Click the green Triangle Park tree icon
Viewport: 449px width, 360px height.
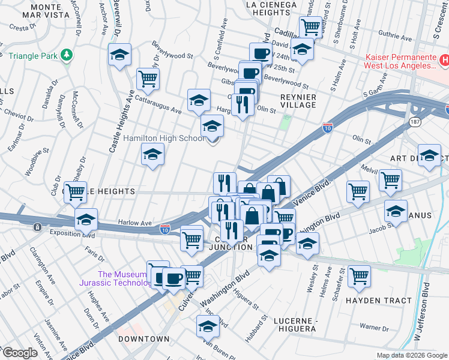67,56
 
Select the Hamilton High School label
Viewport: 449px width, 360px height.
164,138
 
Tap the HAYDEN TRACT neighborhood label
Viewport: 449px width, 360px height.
378,300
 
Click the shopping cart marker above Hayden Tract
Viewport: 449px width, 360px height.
359,275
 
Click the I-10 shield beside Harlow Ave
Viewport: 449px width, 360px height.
166,229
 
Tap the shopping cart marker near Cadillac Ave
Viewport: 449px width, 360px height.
310,26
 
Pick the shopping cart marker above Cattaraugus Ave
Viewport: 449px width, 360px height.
147,77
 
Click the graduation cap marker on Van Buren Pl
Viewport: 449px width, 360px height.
208,326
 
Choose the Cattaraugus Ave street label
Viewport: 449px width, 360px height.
158,103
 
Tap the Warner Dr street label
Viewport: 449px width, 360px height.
375,328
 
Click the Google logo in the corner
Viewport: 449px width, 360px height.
20,352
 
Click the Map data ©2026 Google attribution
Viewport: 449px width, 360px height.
412,355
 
